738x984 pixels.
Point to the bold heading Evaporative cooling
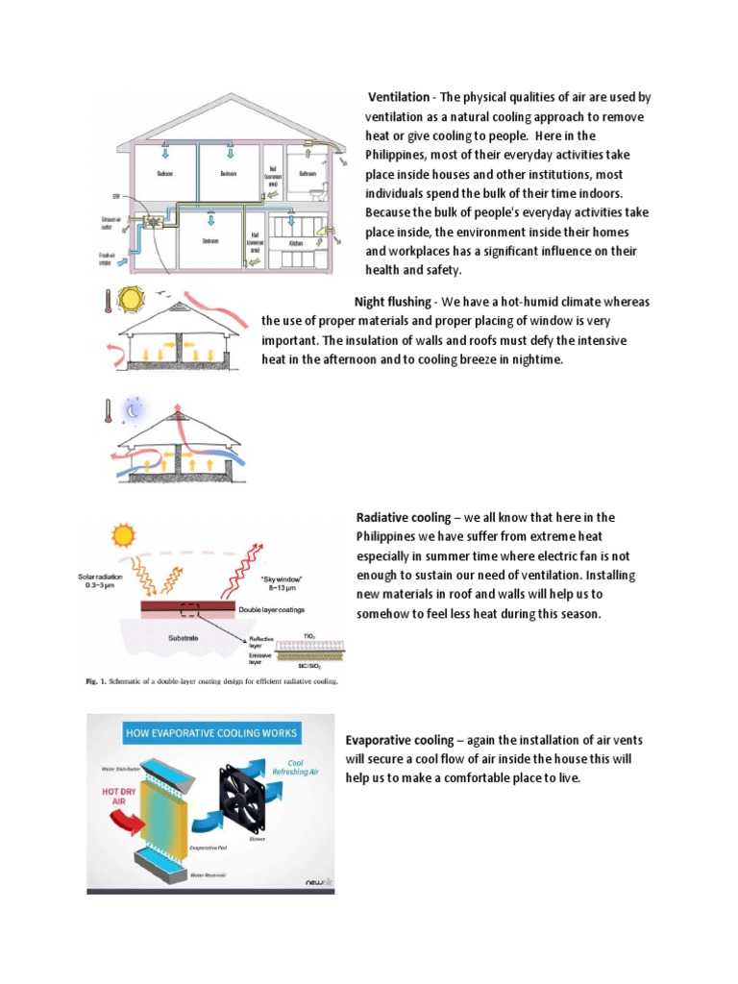click(399, 740)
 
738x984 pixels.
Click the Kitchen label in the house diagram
click(297, 244)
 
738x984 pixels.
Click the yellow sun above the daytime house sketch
click(128, 300)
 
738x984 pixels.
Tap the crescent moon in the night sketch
click(135, 409)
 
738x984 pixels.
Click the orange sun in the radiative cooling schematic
click(123, 534)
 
